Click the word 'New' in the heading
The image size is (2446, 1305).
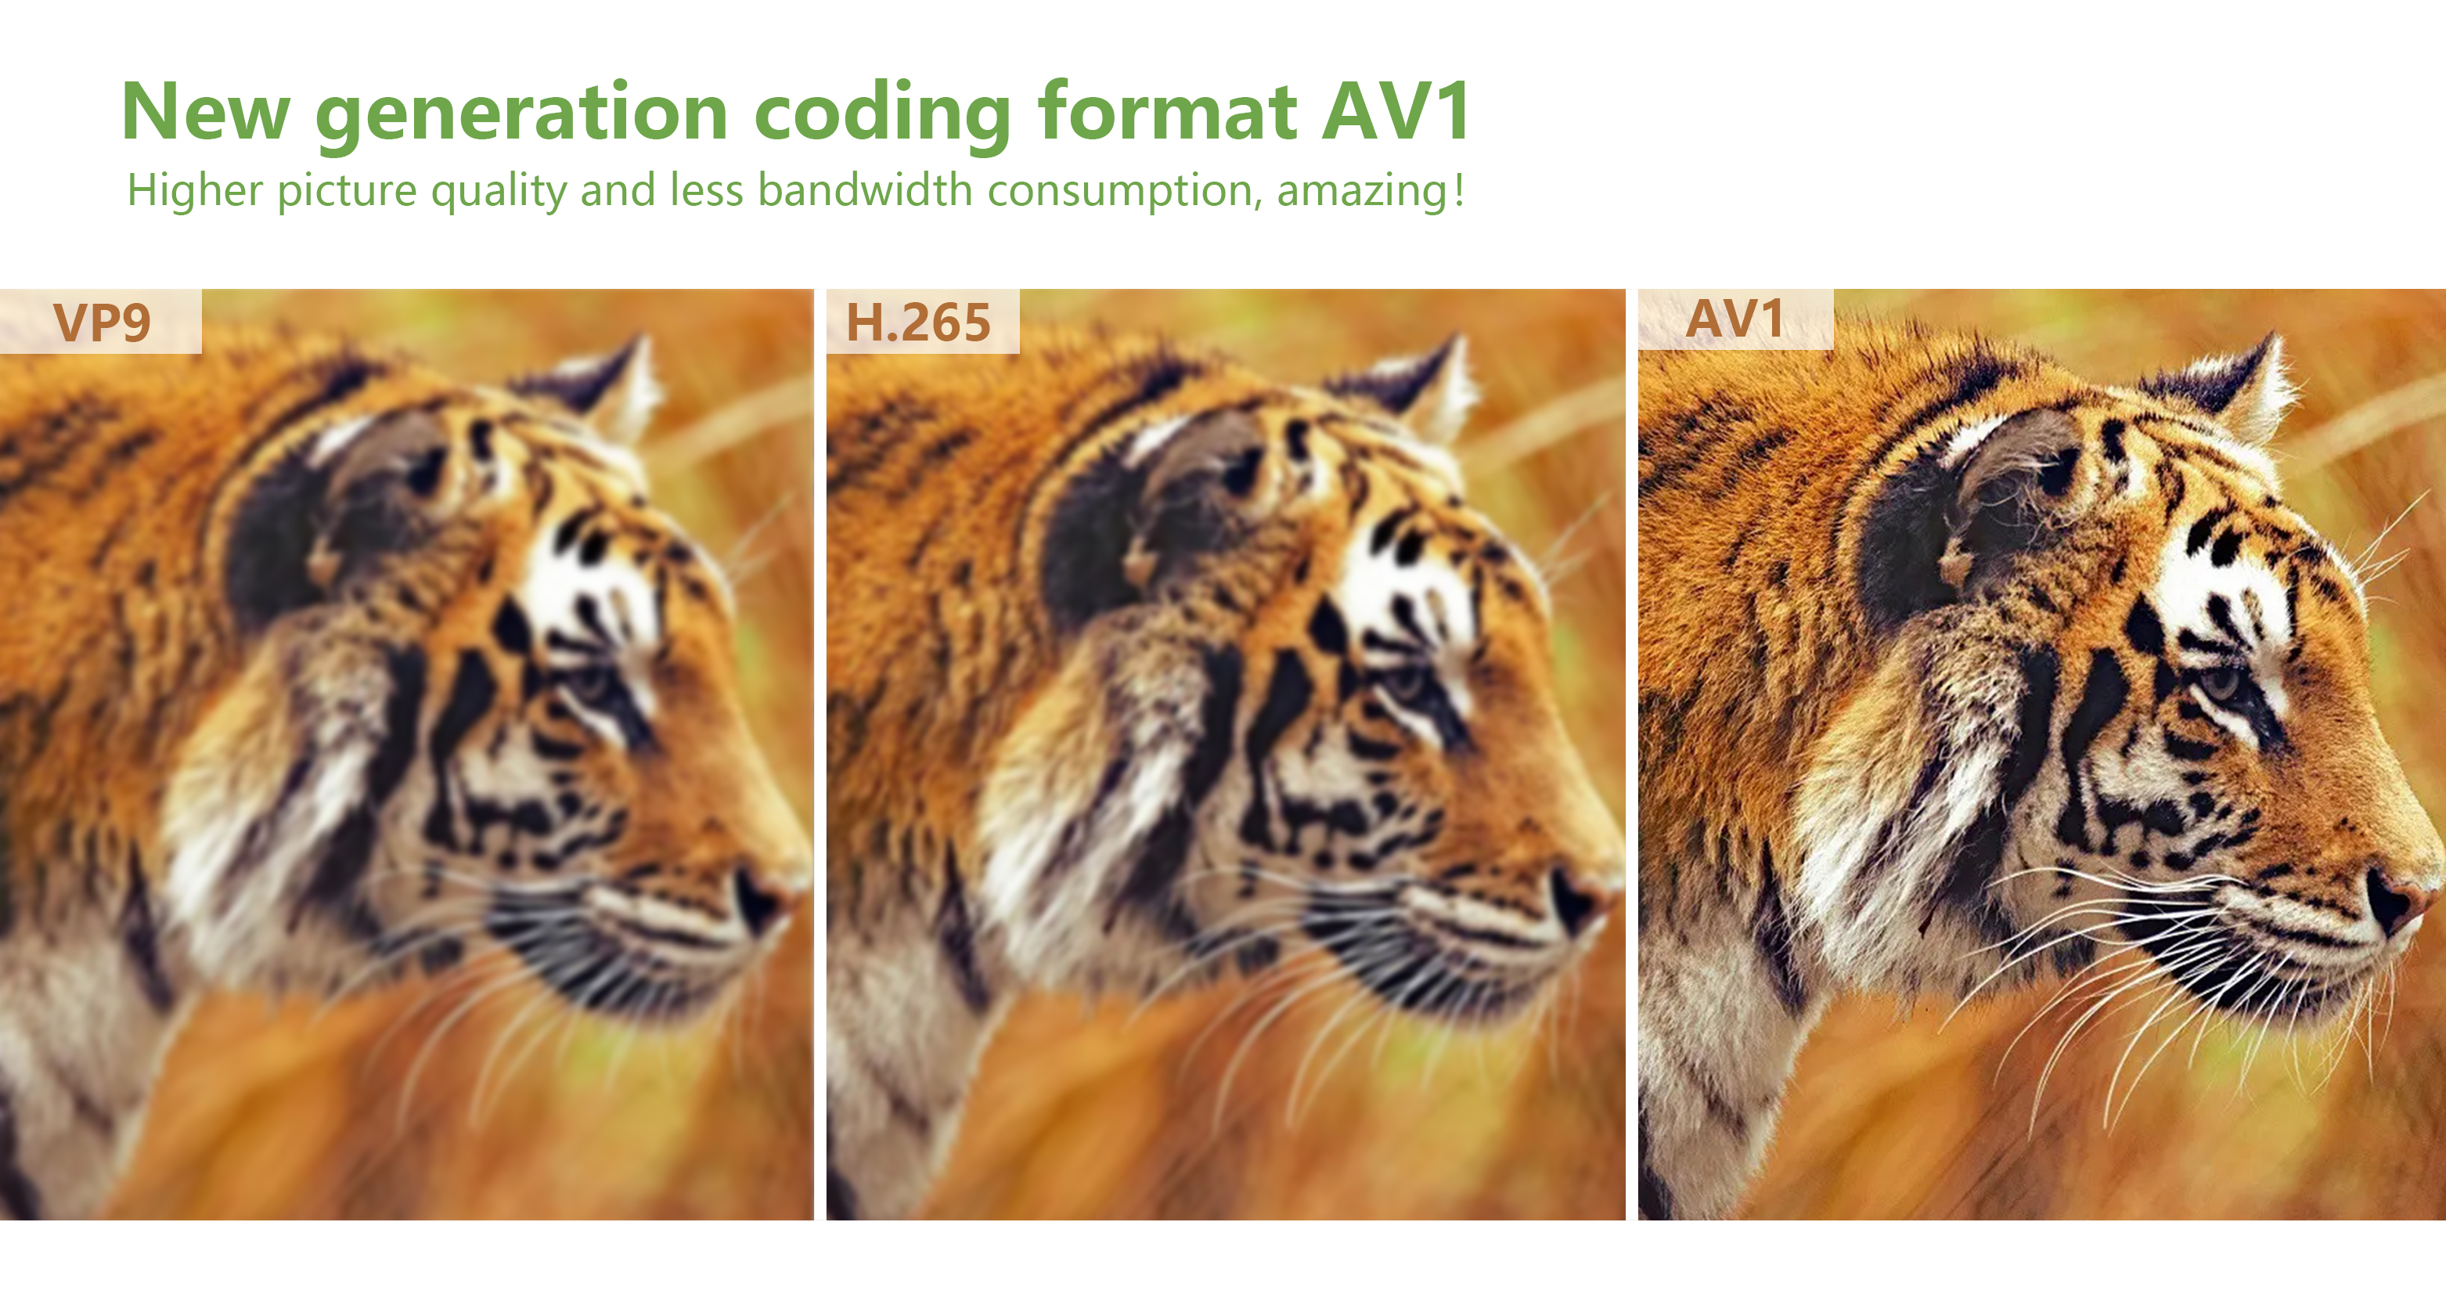pyautogui.click(x=205, y=112)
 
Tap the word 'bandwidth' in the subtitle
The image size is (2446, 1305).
pyautogui.click(x=865, y=190)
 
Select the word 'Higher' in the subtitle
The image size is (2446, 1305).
pyautogui.click(x=195, y=192)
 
